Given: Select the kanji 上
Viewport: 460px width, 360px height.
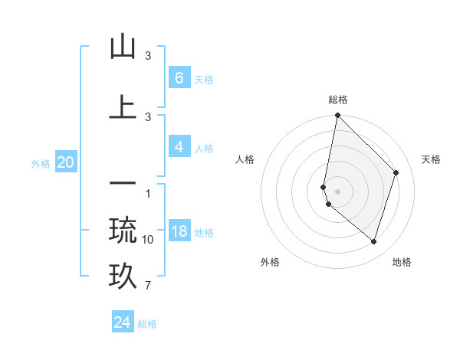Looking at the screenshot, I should [x=123, y=107].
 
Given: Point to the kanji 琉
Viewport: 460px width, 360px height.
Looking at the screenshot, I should [x=123, y=230].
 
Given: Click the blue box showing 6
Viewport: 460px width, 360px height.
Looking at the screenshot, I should [x=179, y=78].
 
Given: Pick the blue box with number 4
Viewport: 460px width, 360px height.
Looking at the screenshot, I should [x=179, y=147].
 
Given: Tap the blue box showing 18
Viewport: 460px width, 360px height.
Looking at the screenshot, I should [x=179, y=232].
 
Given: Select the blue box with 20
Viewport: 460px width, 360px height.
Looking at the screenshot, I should [x=65, y=162].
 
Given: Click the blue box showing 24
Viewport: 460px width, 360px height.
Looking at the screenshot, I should [x=123, y=322].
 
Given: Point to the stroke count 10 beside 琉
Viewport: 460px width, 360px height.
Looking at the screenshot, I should [x=148, y=240].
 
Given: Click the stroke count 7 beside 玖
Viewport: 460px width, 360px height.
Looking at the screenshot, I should [x=148, y=286].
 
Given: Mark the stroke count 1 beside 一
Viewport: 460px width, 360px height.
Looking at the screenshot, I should [x=148, y=192].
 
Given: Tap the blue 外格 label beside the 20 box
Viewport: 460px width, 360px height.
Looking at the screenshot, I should [x=41, y=163].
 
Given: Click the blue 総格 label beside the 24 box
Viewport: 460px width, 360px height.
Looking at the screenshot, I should [x=147, y=324].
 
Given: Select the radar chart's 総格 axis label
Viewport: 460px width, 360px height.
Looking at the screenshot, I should [x=338, y=100].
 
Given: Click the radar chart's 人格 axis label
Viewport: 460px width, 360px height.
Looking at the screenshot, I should [x=245, y=159].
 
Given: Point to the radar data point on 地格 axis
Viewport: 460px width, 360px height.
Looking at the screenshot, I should [x=373, y=241].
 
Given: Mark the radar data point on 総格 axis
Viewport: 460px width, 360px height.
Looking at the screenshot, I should [x=338, y=116].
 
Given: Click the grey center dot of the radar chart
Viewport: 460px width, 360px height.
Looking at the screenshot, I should [x=338, y=191].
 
